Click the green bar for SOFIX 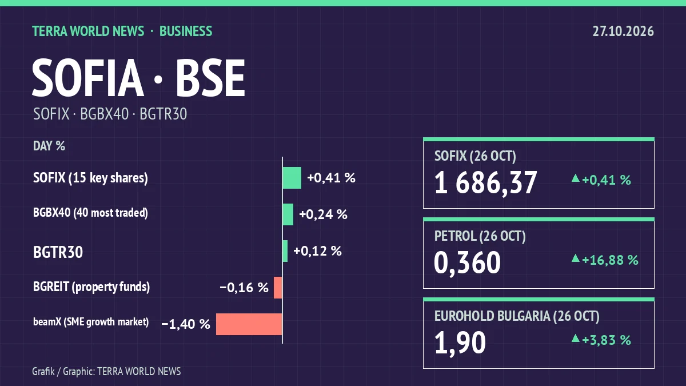coord(292,178)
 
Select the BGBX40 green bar coord(288,214)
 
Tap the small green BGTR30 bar coord(285,251)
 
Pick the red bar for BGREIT coord(278,288)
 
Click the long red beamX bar coord(249,324)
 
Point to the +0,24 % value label coord(323,214)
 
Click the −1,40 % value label coord(186,324)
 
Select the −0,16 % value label coord(244,288)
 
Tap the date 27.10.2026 coord(623,31)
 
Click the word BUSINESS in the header coord(186,31)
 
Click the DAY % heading coord(49,146)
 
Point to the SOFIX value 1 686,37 coord(485,183)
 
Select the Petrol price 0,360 coord(468,263)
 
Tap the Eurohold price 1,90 coord(460,343)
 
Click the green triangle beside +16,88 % coord(576,258)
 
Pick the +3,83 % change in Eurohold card coord(607,340)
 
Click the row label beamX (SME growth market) coord(91,322)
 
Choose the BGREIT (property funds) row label coord(91,286)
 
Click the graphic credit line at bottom coord(106,372)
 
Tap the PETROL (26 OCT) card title coord(480,236)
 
